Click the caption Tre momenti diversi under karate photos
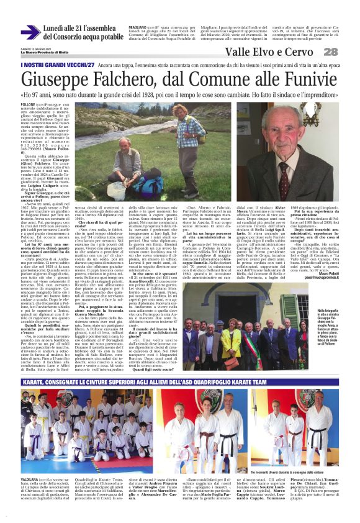pyautogui.click(x=292, y=473)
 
